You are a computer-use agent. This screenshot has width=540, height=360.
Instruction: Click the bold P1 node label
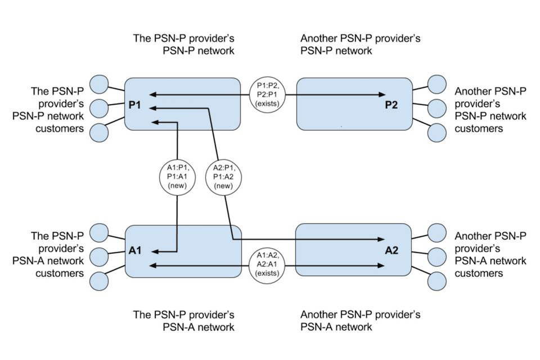click(x=135, y=105)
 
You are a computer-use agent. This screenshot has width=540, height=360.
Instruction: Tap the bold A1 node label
click(x=135, y=251)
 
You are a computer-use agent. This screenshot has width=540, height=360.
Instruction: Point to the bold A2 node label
click(x=391, y=251)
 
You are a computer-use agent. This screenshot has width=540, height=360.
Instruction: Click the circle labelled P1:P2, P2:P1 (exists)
click(x=267, y=94)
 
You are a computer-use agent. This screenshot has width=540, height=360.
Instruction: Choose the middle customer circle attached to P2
click(x=437, y=108)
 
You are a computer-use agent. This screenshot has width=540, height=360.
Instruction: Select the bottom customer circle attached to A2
click(x=437, y=280)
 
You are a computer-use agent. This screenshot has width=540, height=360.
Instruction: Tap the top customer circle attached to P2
click(x=437, y=84)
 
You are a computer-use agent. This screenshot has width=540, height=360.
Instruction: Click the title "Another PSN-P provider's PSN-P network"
click(x=360, y=45)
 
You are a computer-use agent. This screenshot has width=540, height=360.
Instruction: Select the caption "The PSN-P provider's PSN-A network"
click(x=183, y=321)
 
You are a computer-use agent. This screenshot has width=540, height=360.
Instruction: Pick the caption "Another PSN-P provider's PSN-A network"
click(x=360, y=321)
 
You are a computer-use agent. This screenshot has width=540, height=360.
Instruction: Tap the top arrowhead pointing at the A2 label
click(x=382, y=240)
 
